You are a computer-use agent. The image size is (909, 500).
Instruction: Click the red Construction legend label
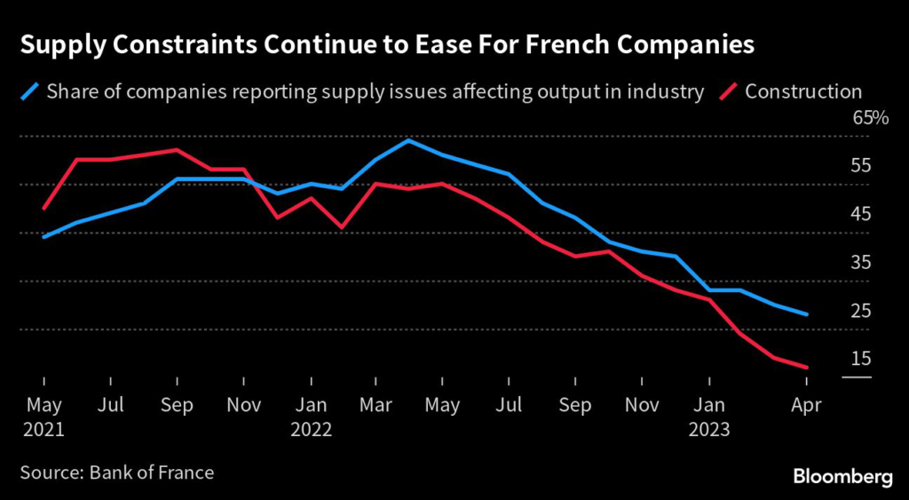click(x=803, y=91)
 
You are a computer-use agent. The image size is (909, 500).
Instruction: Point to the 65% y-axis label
click(x=870, y=118)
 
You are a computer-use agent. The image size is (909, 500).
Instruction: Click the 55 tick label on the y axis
click(x=862, y=166)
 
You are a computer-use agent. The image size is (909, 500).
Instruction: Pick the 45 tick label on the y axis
click(x=862, y=214)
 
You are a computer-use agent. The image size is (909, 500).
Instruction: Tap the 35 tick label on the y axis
click(x=862, y=262)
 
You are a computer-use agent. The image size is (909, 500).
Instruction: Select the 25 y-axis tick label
click(x=862, y=310)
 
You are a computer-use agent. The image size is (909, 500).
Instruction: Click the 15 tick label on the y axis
click(x=862, y=358)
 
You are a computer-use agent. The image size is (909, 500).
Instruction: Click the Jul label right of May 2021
click(x=110, y=405)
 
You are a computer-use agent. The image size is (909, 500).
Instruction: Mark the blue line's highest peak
click(x=408, y=140)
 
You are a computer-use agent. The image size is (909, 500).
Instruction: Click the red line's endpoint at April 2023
click(x=806, y=367)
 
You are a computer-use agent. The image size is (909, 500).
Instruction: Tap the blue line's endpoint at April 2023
click(x=806, y=314)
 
